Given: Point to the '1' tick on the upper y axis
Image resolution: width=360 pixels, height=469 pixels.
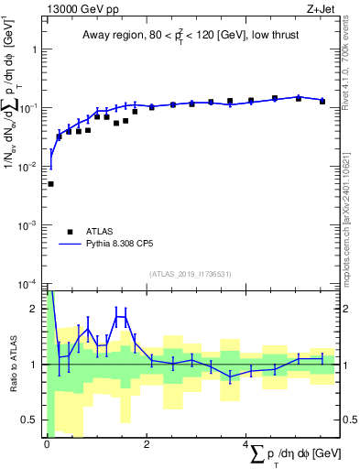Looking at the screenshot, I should pyautogui.click(x=36, y=49).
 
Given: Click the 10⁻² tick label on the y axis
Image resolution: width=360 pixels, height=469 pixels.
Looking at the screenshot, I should pyautogui.click(x=32, y=167).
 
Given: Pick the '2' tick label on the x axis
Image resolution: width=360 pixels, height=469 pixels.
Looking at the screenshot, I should pyautogui.click(x=147, y=445).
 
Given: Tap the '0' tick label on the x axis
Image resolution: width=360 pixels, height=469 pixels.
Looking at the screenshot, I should pyautogui.click(x=47, y=445).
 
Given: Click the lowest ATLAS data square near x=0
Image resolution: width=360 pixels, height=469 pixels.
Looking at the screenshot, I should pyautogui.click(x=50, y=184).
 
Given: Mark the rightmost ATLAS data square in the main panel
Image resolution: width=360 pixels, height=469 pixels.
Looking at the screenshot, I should pyautogui.click(x=322, y=101).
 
